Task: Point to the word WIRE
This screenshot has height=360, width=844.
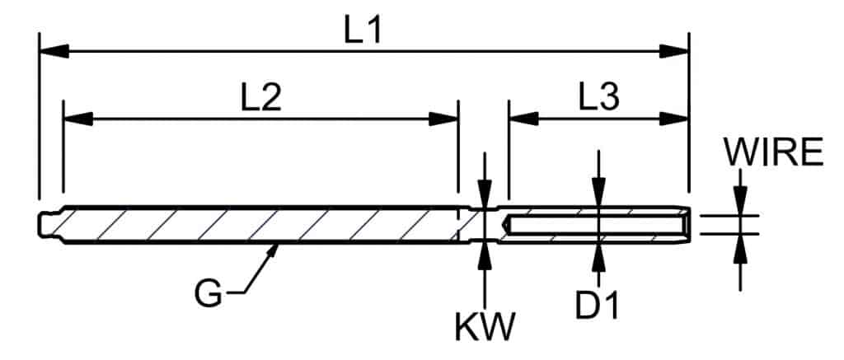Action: point(773,152)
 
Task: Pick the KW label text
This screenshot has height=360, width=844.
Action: point(485,328)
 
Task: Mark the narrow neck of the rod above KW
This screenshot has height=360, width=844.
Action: point(485,223)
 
